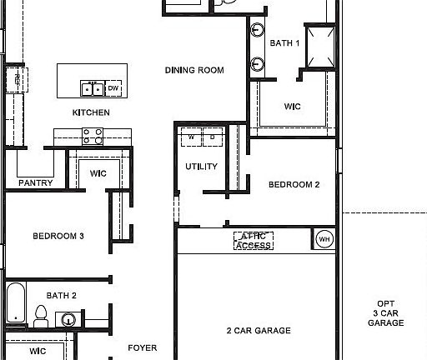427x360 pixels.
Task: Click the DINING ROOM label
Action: (x=194, y=71)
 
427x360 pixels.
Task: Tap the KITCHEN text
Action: (x=91, y=112)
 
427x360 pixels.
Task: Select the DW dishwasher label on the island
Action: (x=113, y=87)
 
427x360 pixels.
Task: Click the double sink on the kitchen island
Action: (x=93, y=87)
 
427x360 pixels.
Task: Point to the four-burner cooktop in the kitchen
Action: (x=93, y=133)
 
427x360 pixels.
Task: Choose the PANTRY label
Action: (x=35, y=182)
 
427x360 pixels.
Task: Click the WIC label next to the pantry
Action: (x=98, y=172)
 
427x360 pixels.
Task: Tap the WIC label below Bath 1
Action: (x=293, y=107)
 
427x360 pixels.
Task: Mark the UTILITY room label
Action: (x=201, y=167)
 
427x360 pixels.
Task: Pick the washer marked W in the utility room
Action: (x=191, y=136)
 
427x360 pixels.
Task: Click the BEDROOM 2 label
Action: (x=294, y=185)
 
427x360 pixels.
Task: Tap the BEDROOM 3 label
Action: (x=58, y=236)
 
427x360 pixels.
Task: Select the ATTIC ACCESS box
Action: (x=254, y=240)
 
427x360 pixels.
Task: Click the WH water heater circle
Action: (x=324, y=240)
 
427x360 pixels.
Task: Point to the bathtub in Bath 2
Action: (x=15, y=303)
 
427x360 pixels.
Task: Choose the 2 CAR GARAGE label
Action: (x=259, y=331)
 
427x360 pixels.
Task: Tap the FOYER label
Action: (x=142, y=347)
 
